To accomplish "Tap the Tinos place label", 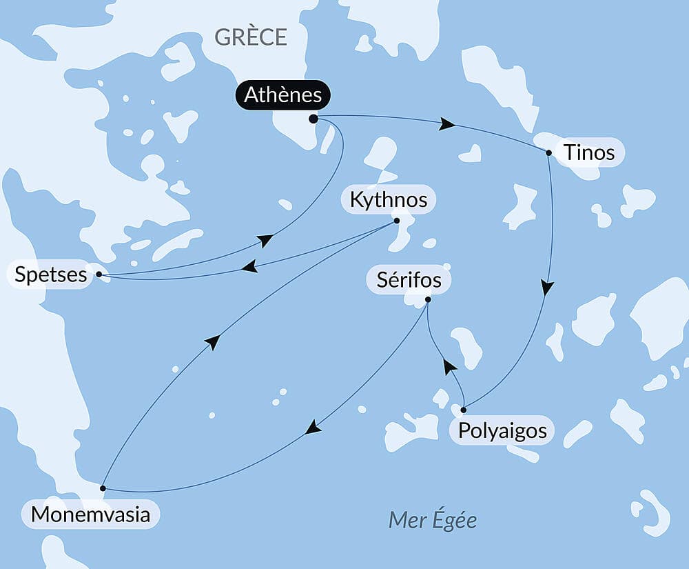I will coord(588,152).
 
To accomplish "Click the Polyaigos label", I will coord(502,431).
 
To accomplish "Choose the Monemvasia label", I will coord(90,515).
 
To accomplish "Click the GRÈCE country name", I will coord(251,37).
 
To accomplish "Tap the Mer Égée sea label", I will coord(432,519).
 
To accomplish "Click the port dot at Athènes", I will coord(313,119).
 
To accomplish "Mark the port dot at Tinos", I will coord(548,152).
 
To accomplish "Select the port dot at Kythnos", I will coord(396,221).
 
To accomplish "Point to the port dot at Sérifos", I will coord(428,299).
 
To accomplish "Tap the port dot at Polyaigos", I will coord(463,410).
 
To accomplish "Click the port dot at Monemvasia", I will coord(103,488).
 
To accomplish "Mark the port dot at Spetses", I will coord(99,274).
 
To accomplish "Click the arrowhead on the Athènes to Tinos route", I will coord(447,124).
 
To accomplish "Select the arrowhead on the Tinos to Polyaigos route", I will coord(547,287).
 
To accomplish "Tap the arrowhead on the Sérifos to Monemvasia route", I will coord(313,428).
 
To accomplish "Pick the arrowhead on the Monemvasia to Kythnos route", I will coord(213,341).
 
